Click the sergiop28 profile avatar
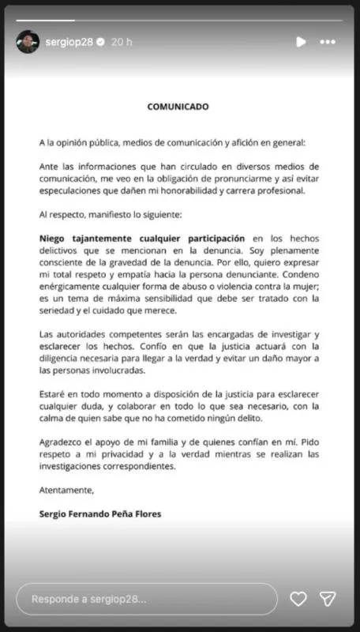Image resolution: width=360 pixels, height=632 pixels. pyautogui.click(x=28, y=41)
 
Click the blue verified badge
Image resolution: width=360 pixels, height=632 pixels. pyautogui.click(x=100, y=41)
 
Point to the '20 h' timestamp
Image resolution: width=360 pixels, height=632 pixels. pyautogui.click(x=122, y=41)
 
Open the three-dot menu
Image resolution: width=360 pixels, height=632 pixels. pyautogui.click(x=328, y=41)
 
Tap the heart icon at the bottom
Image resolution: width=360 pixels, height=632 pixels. pyautogui.click(x=298, y=599)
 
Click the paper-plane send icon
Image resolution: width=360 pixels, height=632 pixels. pyautogui.click(x=328, y=599)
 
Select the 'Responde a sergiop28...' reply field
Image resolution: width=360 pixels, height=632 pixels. pyautogui.click(x=146, y=599)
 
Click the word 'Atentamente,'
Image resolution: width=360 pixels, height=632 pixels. pyautogui.click(x=66, y=490)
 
